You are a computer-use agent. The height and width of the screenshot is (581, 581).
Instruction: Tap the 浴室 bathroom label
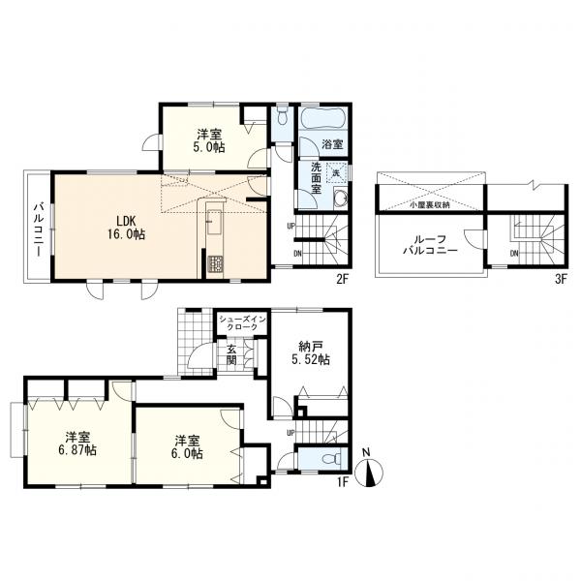pyautogui.click(x=332, y=144)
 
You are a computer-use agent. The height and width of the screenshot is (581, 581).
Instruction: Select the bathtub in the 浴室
pyautogui.click(x=322, y=118)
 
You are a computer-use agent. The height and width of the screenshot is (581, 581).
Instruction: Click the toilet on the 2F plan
pyautogui.click(x=283, y=116)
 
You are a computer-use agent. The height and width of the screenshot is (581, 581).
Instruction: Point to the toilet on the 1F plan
pyautogui.click(x=331, y=459)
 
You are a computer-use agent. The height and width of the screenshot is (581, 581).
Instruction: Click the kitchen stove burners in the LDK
pyautogui.click(x=215, y=264)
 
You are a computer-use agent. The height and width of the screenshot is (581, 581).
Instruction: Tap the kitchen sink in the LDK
pyautogui.click(x=214, y=222)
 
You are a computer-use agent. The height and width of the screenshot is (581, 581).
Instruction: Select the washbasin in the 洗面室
pyautogui.click(x=340, y=199)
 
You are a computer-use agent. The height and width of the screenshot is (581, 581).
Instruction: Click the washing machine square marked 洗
pyautogui.click(x=337, y=172)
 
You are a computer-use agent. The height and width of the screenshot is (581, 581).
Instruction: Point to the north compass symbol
pyautogui.click(x=369, y=472)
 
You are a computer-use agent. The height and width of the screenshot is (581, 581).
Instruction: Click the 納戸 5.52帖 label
pyautogui.click(x=311, y=353)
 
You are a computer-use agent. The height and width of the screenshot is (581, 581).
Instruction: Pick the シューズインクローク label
pyautogui.click(x=242, y=322)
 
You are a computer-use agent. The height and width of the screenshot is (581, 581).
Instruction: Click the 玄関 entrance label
pyautogui.click(x=231, y=353)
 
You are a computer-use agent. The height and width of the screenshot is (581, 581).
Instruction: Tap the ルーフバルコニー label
pyautogui.click(x=430, y=245)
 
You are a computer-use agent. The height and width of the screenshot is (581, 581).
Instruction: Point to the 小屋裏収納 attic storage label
pyautogui.click(x=430, y=205)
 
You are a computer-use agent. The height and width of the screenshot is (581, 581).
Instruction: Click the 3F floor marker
pyautogui.click(x=561, y=279)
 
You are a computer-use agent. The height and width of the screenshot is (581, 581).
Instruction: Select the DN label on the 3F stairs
pyautogui.click(x=514, y=254)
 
